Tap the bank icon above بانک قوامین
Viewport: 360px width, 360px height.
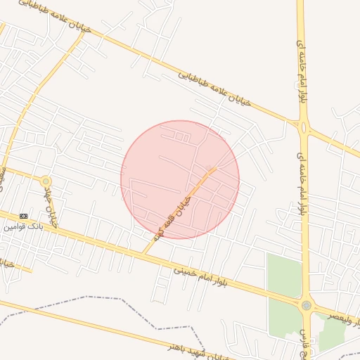click(x=24, y=215)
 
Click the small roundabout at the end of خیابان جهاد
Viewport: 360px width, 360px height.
click(x=46, y=182)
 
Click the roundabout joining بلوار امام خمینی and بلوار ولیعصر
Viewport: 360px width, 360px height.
click(x=306, y=305)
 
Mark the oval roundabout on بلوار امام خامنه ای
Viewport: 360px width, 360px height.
click(x=304, y=128)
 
